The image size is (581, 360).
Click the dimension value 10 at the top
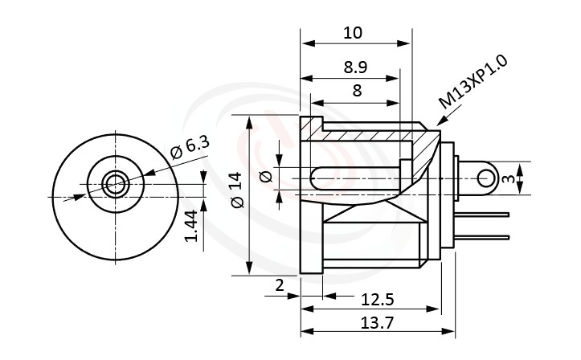click(353, 33)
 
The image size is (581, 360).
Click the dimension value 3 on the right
click(506, 178)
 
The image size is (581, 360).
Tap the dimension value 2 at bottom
click(279, 285)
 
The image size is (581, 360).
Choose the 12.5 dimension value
click(378, 299)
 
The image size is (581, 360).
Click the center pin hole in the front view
click(114, 185)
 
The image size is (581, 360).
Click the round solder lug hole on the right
click(484, 178)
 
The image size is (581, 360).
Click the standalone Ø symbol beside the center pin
click(267, 178)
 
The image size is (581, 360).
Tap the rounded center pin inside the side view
click(354, 178)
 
